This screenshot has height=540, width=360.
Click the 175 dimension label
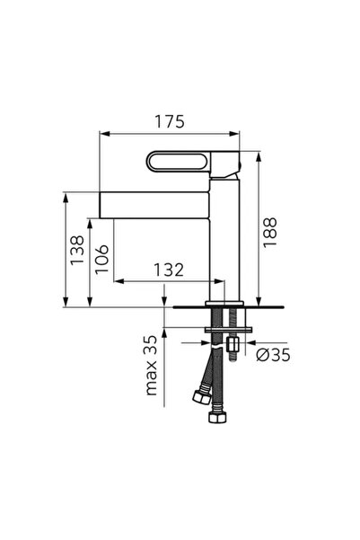coord(170,121)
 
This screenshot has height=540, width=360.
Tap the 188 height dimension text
coord(270,232)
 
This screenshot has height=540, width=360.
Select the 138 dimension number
coord(77,250)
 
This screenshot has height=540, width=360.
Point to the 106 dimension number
coord(101,259)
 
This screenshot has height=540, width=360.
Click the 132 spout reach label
coord(168,270)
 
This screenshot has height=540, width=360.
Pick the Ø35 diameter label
coord(273,355)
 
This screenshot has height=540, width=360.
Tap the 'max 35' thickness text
coord(152,366)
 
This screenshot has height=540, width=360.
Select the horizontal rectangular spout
coord(154,205)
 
